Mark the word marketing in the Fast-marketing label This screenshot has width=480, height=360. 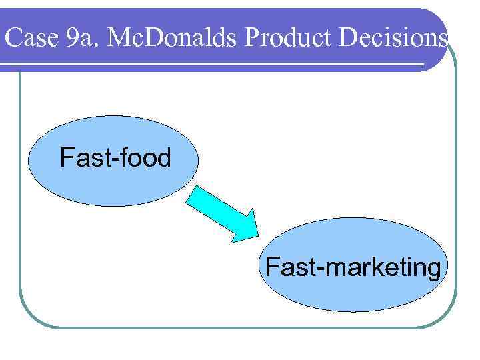pos(387,268)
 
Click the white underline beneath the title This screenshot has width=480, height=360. pos(213,65)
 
